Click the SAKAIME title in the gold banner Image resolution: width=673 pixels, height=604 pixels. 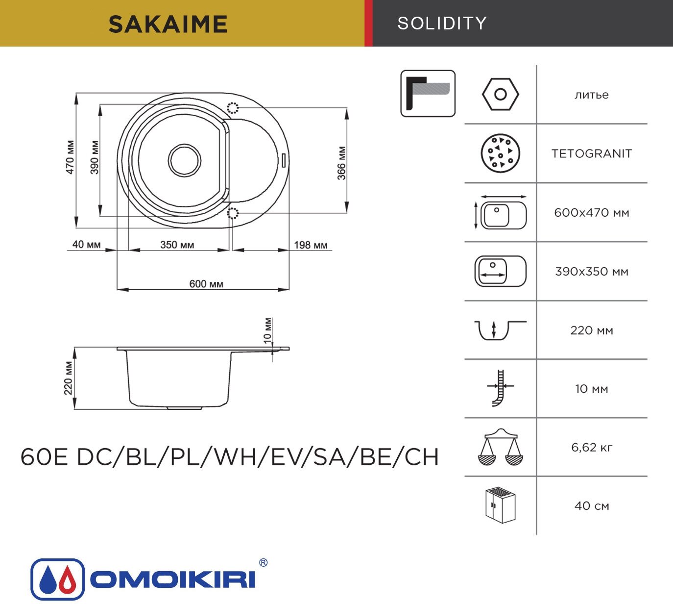point(168,25)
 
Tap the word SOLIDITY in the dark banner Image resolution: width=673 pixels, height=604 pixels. point(442,23)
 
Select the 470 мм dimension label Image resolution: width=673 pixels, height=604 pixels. point(70,157)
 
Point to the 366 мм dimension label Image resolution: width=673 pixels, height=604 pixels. point(341,163)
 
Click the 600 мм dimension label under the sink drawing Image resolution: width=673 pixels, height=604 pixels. point(206,284)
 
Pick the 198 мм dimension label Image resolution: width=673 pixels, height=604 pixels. point(311,245)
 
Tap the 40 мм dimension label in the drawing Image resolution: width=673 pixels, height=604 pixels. point(86,245)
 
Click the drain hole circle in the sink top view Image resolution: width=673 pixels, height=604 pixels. point(184,160)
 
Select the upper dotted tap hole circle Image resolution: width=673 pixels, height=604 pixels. point(233,108)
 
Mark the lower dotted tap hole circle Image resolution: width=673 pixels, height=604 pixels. point(233,213)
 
